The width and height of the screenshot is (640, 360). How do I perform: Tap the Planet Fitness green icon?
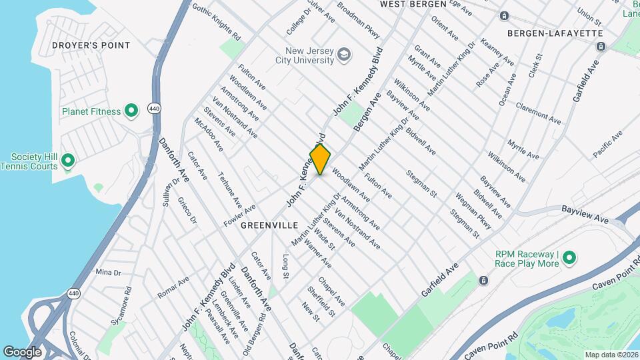pos(131,111)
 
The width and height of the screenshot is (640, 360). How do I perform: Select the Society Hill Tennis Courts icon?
pos(67,161)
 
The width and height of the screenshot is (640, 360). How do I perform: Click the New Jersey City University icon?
pos(344,55)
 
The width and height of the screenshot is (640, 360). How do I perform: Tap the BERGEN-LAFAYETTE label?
pos(555,33)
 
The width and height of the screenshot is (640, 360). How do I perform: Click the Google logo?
pos(22,352)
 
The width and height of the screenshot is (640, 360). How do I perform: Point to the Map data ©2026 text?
pos(611,355)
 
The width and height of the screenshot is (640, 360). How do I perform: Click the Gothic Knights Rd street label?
pos(215,21)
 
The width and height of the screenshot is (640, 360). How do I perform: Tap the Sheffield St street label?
pos(321,301)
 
